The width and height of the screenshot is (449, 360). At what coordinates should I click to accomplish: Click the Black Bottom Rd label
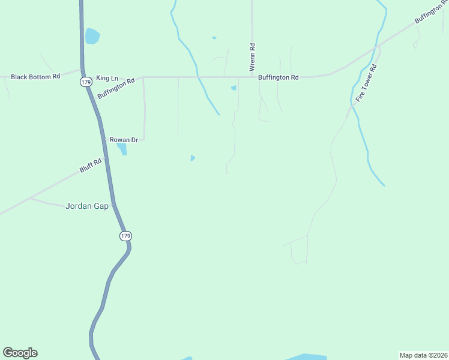coord(36,77)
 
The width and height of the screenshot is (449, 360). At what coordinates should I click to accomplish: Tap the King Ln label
coord(107,79)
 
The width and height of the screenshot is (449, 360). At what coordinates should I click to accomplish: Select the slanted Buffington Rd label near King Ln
coord(116,87)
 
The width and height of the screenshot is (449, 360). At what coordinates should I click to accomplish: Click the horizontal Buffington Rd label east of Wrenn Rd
coord(278,77)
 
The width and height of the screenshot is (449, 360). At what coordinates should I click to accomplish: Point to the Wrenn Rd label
coord(253,54)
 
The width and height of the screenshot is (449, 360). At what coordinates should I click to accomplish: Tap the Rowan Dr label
coord(124,140)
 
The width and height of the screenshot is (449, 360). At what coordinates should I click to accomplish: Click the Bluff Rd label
coord(92,165)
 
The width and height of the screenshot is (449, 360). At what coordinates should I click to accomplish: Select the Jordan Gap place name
coord(87,206)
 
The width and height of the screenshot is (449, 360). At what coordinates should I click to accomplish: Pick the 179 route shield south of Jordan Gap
coord(125,236)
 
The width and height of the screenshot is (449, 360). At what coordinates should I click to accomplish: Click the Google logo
coord(20,353)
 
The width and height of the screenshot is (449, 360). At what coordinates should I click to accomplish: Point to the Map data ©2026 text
coord(423,355)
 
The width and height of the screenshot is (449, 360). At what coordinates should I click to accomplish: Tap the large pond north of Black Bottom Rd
coord(92,36)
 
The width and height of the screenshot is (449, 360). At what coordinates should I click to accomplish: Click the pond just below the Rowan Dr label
coord(122,148)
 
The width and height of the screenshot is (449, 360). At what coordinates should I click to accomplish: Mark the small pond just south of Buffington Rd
coord(234,88)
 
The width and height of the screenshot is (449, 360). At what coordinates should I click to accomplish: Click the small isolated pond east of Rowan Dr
coord(192,158)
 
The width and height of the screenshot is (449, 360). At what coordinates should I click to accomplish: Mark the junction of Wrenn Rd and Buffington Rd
coord(252,77)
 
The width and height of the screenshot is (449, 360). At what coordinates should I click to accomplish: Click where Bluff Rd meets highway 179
coord(106,158)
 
